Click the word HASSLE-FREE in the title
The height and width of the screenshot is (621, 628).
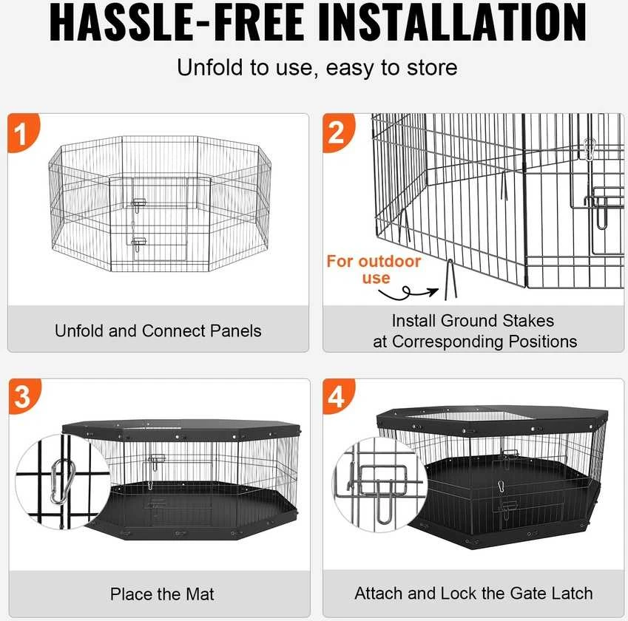176,23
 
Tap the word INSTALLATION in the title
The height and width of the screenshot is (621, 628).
453,23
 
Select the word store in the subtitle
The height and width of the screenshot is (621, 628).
432,68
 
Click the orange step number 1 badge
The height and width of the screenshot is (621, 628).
23,133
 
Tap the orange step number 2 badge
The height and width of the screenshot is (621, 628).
339,133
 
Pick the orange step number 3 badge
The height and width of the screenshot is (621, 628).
24,396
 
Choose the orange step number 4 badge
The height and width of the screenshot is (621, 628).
339,396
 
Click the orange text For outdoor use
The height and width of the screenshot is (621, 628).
374,269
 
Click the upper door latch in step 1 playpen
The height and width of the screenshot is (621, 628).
138,205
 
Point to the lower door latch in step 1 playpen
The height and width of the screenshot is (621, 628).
138,243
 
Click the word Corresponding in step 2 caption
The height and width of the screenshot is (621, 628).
448,342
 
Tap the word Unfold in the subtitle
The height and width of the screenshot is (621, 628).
210,68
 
